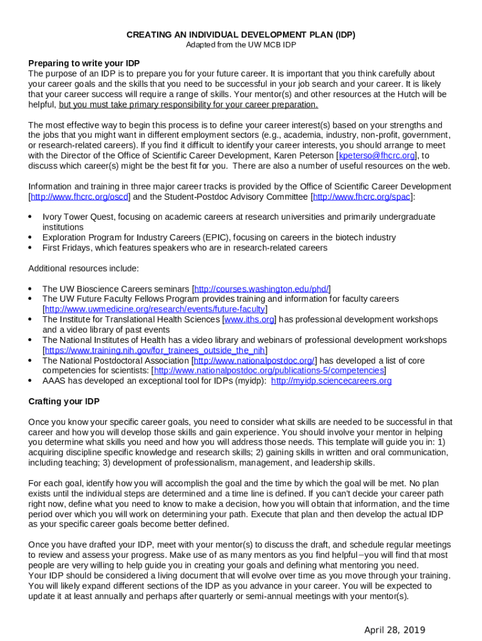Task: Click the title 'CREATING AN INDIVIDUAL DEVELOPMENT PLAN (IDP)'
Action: coord(241,35)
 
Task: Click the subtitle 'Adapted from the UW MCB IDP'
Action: coord(241,45)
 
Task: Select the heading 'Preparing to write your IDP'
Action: coord(84,63)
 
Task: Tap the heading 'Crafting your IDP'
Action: coord(64,401)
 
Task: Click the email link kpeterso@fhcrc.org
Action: coord(377,156)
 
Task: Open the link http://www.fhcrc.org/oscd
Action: coord(79,197)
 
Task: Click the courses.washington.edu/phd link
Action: coord(262,289)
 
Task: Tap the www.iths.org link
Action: coord(249,319)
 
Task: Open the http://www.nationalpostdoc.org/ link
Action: coord(254,361)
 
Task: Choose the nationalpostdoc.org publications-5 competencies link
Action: coord(269,371)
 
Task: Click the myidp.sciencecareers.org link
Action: coord(331,381)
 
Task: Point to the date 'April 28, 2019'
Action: coord(395,630)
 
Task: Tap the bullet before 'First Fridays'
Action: coord(31,248)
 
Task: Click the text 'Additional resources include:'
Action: coord(83,269)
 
